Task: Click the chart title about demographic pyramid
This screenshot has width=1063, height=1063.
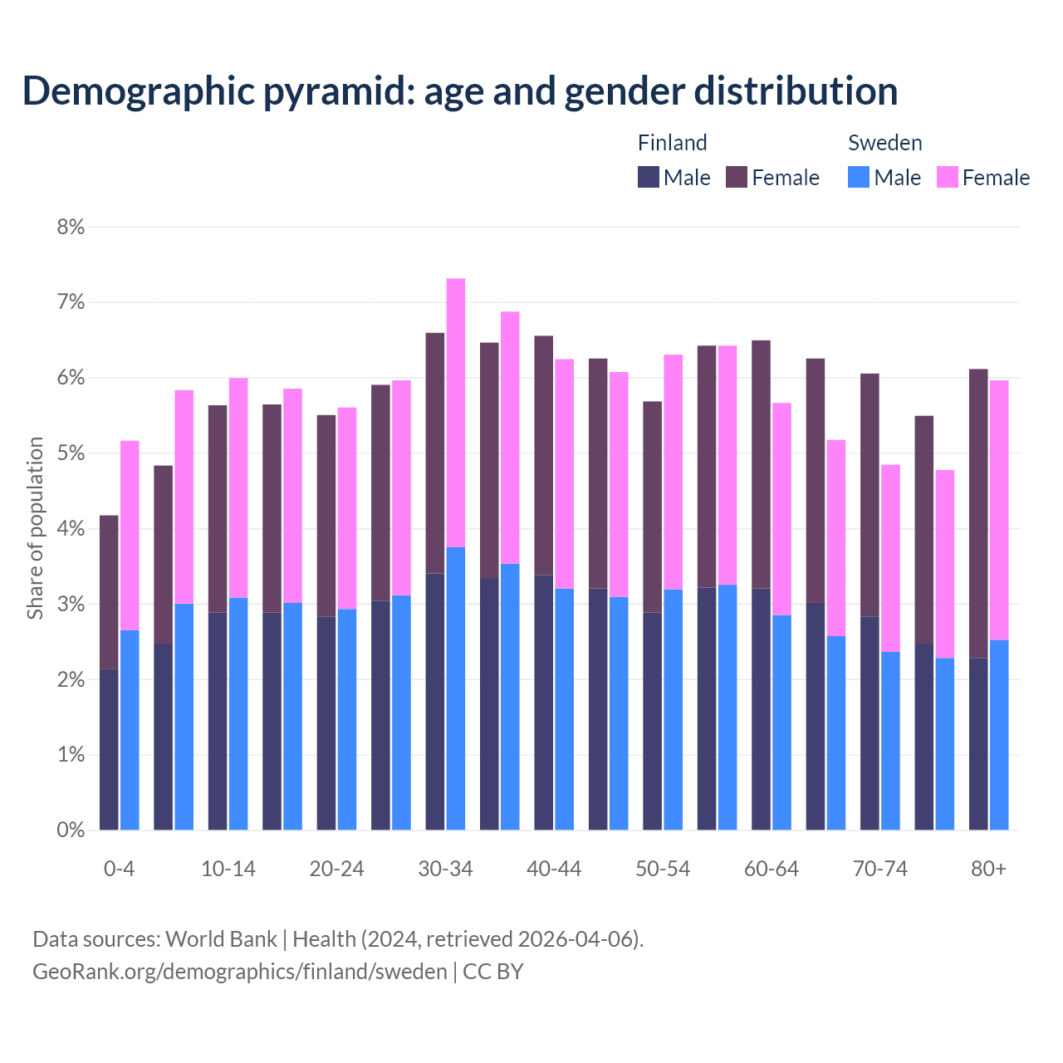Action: pos(460,91)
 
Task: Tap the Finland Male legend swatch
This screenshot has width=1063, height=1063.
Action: pos(649,177)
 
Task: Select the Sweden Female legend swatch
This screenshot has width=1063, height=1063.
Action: pos(947,177)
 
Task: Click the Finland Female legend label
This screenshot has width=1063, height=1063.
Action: pos(785,178)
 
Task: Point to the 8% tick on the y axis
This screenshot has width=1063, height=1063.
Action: pos(71,227)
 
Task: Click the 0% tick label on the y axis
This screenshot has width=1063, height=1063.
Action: pos(71,830)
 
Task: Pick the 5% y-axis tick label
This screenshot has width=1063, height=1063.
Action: pos(71,453)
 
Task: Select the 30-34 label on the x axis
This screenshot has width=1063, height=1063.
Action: pos(445,869)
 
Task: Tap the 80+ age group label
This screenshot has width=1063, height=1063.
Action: pos(988,869)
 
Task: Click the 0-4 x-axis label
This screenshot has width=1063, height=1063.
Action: pos(119,869)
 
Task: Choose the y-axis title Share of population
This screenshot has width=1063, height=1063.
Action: pos(35,528)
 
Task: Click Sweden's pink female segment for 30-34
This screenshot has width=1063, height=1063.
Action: pos(456,413)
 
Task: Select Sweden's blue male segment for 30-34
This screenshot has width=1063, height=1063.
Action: pos(456,688)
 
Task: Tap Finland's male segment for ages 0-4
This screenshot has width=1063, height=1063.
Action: pos(109,749)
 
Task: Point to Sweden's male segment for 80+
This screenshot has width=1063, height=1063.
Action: pos(999,735)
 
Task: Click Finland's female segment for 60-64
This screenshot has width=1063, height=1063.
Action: pos(761,464)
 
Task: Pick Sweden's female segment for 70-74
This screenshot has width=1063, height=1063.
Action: pos(890,558)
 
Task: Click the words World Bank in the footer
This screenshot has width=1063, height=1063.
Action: pos(221,939)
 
